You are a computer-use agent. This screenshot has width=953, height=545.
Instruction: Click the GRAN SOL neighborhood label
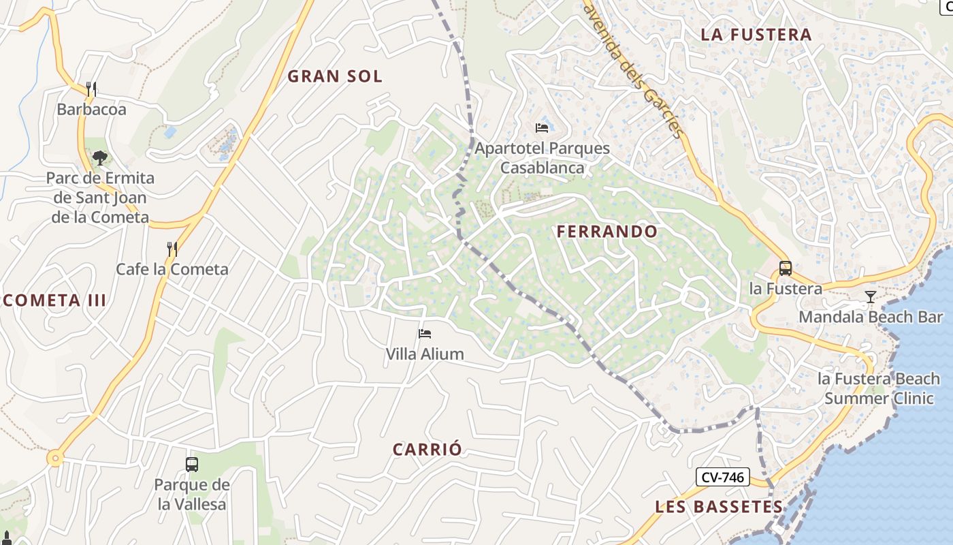click(x=335, y=76)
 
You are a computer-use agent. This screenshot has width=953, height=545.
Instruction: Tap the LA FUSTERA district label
click(x=756, y=35)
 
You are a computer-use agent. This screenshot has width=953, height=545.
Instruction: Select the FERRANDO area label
click(x=607, y=232)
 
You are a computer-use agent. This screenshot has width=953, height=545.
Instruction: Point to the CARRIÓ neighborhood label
click(x=427, y=450)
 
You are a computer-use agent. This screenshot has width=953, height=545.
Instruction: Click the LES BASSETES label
click(x=719, y=507)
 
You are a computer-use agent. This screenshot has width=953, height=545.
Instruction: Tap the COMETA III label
click(x=54, y=300)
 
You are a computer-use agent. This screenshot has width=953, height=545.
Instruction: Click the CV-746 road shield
click(x=722, y=478)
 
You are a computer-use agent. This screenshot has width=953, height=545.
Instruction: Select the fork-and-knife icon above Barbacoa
click(x=91, y=89)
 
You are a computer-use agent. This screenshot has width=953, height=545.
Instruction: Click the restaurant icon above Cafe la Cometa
click(x=172, y=249)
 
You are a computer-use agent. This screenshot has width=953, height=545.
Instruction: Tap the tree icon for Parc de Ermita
click(x=100, y=158)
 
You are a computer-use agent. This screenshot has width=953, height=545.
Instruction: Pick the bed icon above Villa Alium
click(x=425, y=334)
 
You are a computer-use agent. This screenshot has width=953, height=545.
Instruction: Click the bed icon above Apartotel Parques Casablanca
click(x=542, y=127)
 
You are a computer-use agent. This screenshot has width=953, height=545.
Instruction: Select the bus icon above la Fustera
click(x=785, y=268)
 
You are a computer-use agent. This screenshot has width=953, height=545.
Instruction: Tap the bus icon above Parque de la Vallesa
click(x=192, y=465)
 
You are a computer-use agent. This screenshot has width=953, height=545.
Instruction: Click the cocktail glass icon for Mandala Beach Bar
click(x=870, y=296)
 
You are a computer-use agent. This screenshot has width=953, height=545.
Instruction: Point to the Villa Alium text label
click(x=425, y=354)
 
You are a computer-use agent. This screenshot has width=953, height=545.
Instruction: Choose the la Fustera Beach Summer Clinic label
click(x=879, y=388)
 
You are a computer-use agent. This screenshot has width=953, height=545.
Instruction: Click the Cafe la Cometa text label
click(x=172, y=269)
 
